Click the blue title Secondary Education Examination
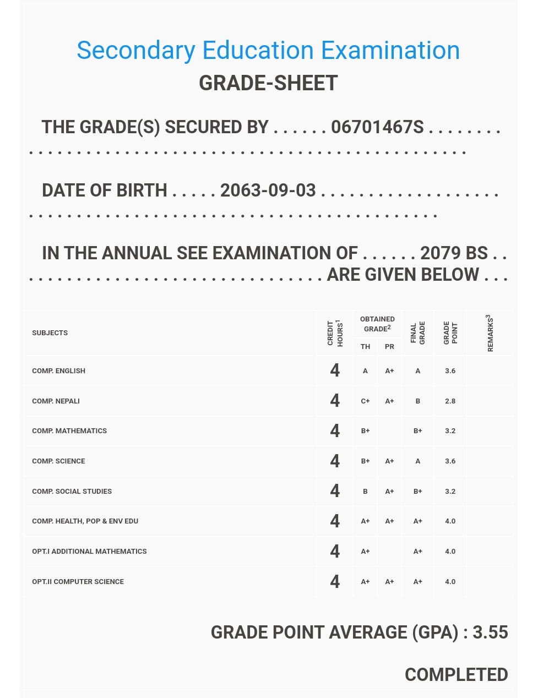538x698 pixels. (268, 50)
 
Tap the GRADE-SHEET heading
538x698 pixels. (268, 83)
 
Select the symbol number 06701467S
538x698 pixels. (377, 127)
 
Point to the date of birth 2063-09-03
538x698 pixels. (268, 190)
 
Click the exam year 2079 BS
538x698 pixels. (454, 253)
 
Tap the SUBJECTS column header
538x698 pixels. (50, 333)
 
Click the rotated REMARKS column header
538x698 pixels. (490, 333)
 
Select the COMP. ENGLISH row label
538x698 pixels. (58, 371)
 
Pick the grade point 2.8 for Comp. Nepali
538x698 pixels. (450, 401)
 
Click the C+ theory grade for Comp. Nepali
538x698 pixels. (365, 401)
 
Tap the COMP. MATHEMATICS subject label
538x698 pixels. (69, 431)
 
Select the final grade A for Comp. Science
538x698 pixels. (417, 461)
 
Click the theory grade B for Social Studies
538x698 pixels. (365, 491)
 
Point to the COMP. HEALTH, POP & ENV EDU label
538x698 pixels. (85, 521)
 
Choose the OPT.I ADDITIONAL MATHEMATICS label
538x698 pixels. (89, 552)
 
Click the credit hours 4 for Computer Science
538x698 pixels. (335, 581)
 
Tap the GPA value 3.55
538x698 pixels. (490, 632)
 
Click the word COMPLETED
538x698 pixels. (456, 675)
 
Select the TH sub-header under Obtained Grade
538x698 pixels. (365, 347)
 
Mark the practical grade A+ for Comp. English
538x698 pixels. (389, 371)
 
